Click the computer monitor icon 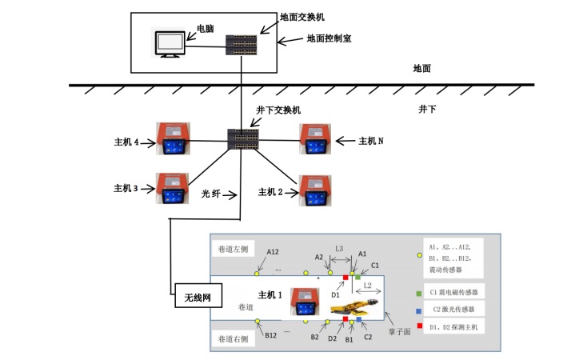pos(169,43)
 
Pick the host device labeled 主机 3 pos(172,190)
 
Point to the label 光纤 pos(211,193)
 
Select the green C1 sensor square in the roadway pos(358,277)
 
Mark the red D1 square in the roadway pos(345,277)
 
